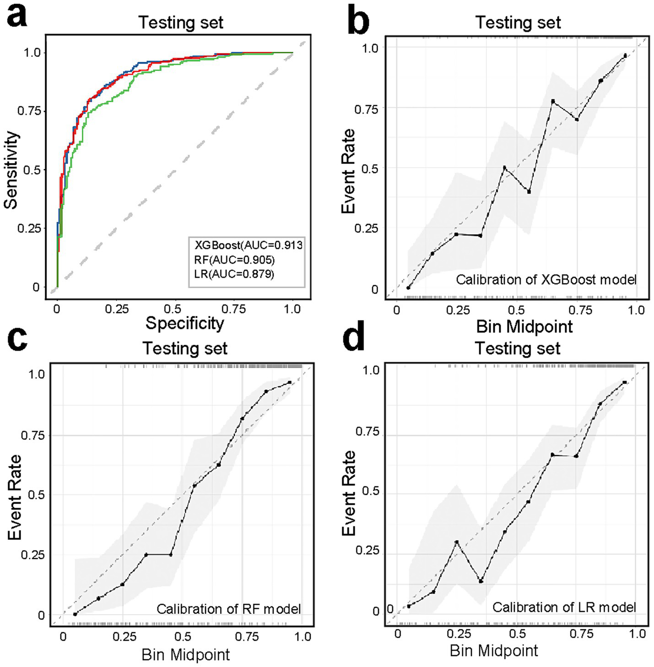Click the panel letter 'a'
point(17,16)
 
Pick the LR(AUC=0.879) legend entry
point(234,274)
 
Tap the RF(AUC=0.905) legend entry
point(234,260)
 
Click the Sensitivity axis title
point(11,170)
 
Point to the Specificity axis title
point(184,323)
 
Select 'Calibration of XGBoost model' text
point(546,279)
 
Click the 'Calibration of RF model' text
point(228,609)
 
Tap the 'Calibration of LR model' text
point(564,607)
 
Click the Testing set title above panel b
point(518,22)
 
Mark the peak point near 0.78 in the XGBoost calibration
point(553,101)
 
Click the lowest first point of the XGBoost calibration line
point(408,287)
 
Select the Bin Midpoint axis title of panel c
point(185,655)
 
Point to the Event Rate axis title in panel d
point(349,493)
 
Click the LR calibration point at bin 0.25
point(456,542)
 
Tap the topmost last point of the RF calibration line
point(290,382)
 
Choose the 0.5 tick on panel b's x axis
point(516,310)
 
